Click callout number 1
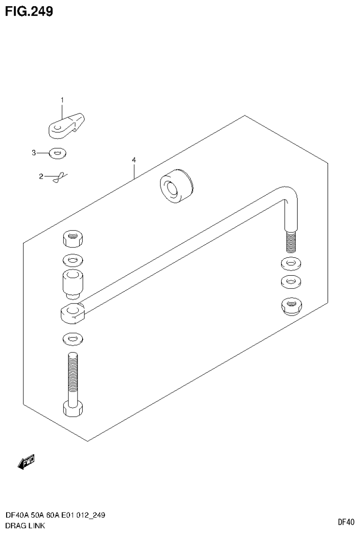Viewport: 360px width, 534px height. (61, 100)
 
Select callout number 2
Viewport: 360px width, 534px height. (41, 177)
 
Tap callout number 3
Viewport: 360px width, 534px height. (34, 152)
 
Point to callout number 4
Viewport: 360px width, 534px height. (134, 161)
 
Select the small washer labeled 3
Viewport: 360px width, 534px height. (58, 153)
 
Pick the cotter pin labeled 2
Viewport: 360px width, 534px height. (59, 177)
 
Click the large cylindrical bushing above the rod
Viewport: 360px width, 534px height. (176, 187)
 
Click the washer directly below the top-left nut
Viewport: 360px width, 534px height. (72, 259)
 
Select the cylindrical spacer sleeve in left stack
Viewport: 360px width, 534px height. (72, 283)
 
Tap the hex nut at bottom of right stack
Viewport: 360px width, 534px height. (291, 307)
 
